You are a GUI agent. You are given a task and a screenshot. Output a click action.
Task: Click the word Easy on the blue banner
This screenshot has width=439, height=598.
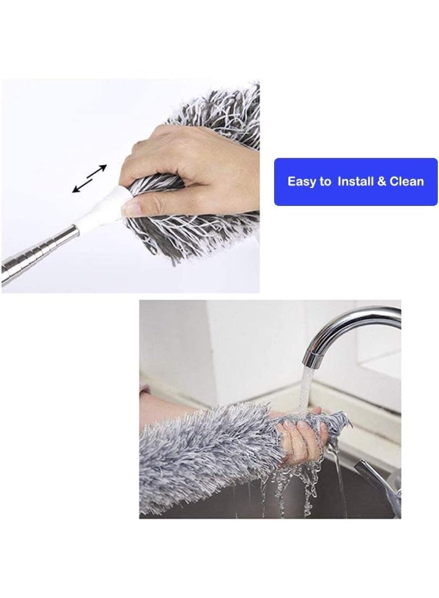tap(302, 182)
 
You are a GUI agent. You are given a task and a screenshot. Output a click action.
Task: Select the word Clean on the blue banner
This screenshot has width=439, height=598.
tap(406, 182)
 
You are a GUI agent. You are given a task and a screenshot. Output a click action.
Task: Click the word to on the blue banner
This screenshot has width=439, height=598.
tap(325, 182)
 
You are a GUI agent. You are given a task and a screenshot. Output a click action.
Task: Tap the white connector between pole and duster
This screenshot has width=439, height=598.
tap(109, 207)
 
